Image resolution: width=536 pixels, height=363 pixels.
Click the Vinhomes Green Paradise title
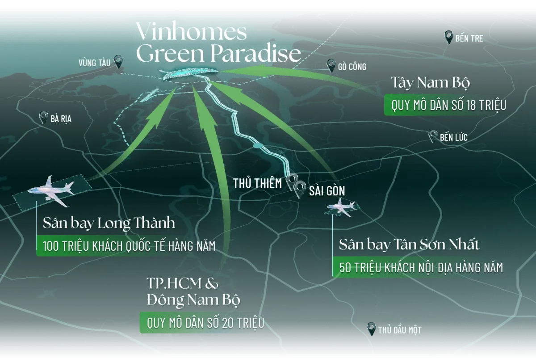coord(218,43)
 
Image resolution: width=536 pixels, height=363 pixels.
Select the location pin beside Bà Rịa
coord(43,118)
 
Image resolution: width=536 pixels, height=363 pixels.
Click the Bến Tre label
coord(469,38)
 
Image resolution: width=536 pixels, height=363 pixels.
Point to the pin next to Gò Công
coord(331,66)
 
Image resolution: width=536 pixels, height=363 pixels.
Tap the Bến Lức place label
coord(453,137)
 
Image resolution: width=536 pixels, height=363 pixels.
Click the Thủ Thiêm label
coord(258,183)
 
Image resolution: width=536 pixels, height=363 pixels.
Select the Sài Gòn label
coord(327,191)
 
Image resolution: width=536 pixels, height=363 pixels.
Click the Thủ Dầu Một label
coord(399,330)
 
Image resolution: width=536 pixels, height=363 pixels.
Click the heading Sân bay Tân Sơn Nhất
coord(409,245)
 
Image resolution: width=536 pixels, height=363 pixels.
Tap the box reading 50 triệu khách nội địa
coord(421,267)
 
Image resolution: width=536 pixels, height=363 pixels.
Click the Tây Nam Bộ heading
coord(430,83)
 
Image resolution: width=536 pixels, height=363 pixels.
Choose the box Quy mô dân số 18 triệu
coord(448,106)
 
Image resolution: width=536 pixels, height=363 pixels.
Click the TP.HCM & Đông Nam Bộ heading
coord(193,291)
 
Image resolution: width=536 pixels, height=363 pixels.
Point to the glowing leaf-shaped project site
coord(190,74)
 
